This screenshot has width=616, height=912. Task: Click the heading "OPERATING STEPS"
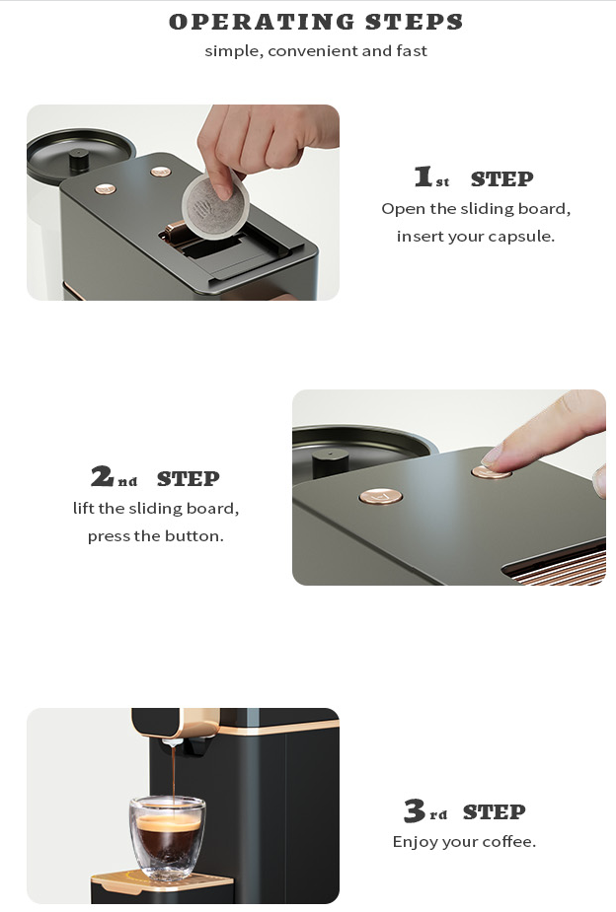coord(316,22)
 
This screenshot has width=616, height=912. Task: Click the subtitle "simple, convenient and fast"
coord(316,51)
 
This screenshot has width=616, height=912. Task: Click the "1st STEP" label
coord(474,178)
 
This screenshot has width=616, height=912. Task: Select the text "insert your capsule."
coord(476,237)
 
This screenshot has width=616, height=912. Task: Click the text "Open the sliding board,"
coord(476,209)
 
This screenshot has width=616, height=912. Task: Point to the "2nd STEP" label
coord(155,478)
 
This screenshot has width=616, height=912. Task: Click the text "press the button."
coord(155,536)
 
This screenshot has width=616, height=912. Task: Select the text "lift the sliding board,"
coord(155,509)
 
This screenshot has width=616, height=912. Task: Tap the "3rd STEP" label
coord(464,811)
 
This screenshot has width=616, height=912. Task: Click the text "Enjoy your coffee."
coord(464,842)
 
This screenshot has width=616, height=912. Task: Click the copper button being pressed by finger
coord(491,472)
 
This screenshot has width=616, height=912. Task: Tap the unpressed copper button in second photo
coord(380,496)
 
